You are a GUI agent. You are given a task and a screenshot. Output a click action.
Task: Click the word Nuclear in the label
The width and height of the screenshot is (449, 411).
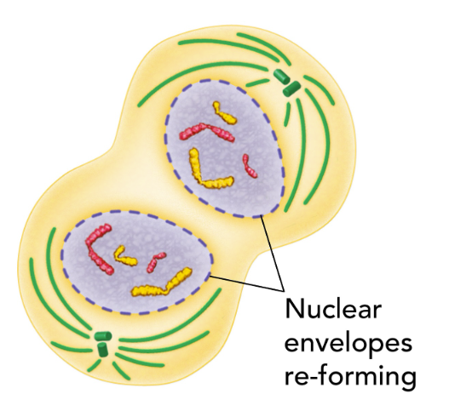334,309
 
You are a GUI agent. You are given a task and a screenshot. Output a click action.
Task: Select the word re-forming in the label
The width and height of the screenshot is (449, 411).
350,378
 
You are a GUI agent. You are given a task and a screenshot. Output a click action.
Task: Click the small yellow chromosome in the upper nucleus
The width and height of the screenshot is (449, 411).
225,113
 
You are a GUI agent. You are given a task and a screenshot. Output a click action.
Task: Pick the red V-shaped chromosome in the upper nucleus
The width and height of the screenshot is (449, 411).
207,131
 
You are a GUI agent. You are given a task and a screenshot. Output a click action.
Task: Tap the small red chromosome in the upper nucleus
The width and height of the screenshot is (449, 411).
250,166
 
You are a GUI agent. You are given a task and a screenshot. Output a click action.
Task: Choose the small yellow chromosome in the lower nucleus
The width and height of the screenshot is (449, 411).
124,256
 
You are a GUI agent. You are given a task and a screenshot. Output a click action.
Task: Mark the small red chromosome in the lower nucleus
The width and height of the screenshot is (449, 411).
153,262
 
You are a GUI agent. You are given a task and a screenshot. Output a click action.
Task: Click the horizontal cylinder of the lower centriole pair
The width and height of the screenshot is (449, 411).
103,336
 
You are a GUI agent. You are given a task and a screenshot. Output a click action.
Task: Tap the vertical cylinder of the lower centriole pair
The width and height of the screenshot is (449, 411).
102,349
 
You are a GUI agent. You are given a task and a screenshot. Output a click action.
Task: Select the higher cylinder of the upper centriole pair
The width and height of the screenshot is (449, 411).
282,76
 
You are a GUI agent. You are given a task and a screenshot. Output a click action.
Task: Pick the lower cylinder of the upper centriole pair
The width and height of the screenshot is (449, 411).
291,88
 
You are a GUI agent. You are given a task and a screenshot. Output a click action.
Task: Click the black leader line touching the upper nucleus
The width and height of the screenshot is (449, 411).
273,254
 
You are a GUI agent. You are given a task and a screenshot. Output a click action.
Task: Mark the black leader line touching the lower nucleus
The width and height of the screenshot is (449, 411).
247,283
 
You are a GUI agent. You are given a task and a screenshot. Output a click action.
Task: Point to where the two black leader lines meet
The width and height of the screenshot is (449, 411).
284,291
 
